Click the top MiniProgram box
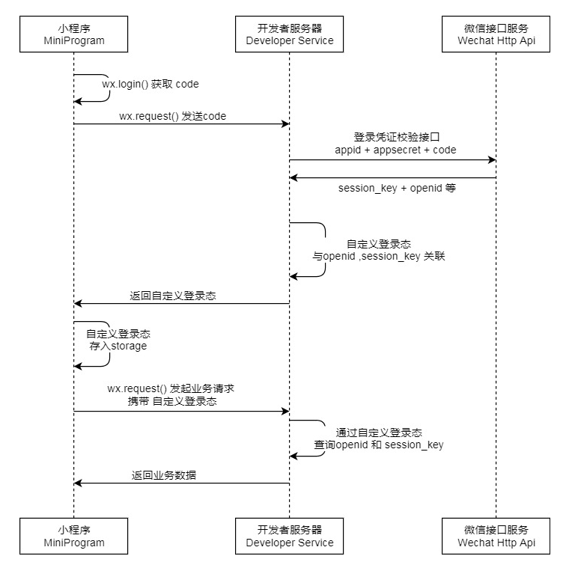(73, 34)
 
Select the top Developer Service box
(289, 34)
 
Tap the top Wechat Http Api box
(496, 34)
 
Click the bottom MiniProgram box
(73, 536)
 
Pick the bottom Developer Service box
(289, 536)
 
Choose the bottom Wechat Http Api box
(496, 536)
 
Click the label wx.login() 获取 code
(150, 85)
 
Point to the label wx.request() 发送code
(172, 116)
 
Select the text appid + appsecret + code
(395, 150)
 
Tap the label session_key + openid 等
(396, 188)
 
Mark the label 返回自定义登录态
(173, 296)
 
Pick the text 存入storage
(118, 346)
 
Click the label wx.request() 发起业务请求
(171, 389)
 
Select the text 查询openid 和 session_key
(378, 445)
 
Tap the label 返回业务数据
(164, 475)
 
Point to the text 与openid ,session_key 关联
(379, 256)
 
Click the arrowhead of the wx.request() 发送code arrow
(285, 124)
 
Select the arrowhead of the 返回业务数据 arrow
(78, 483)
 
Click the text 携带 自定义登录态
(172, 402)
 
